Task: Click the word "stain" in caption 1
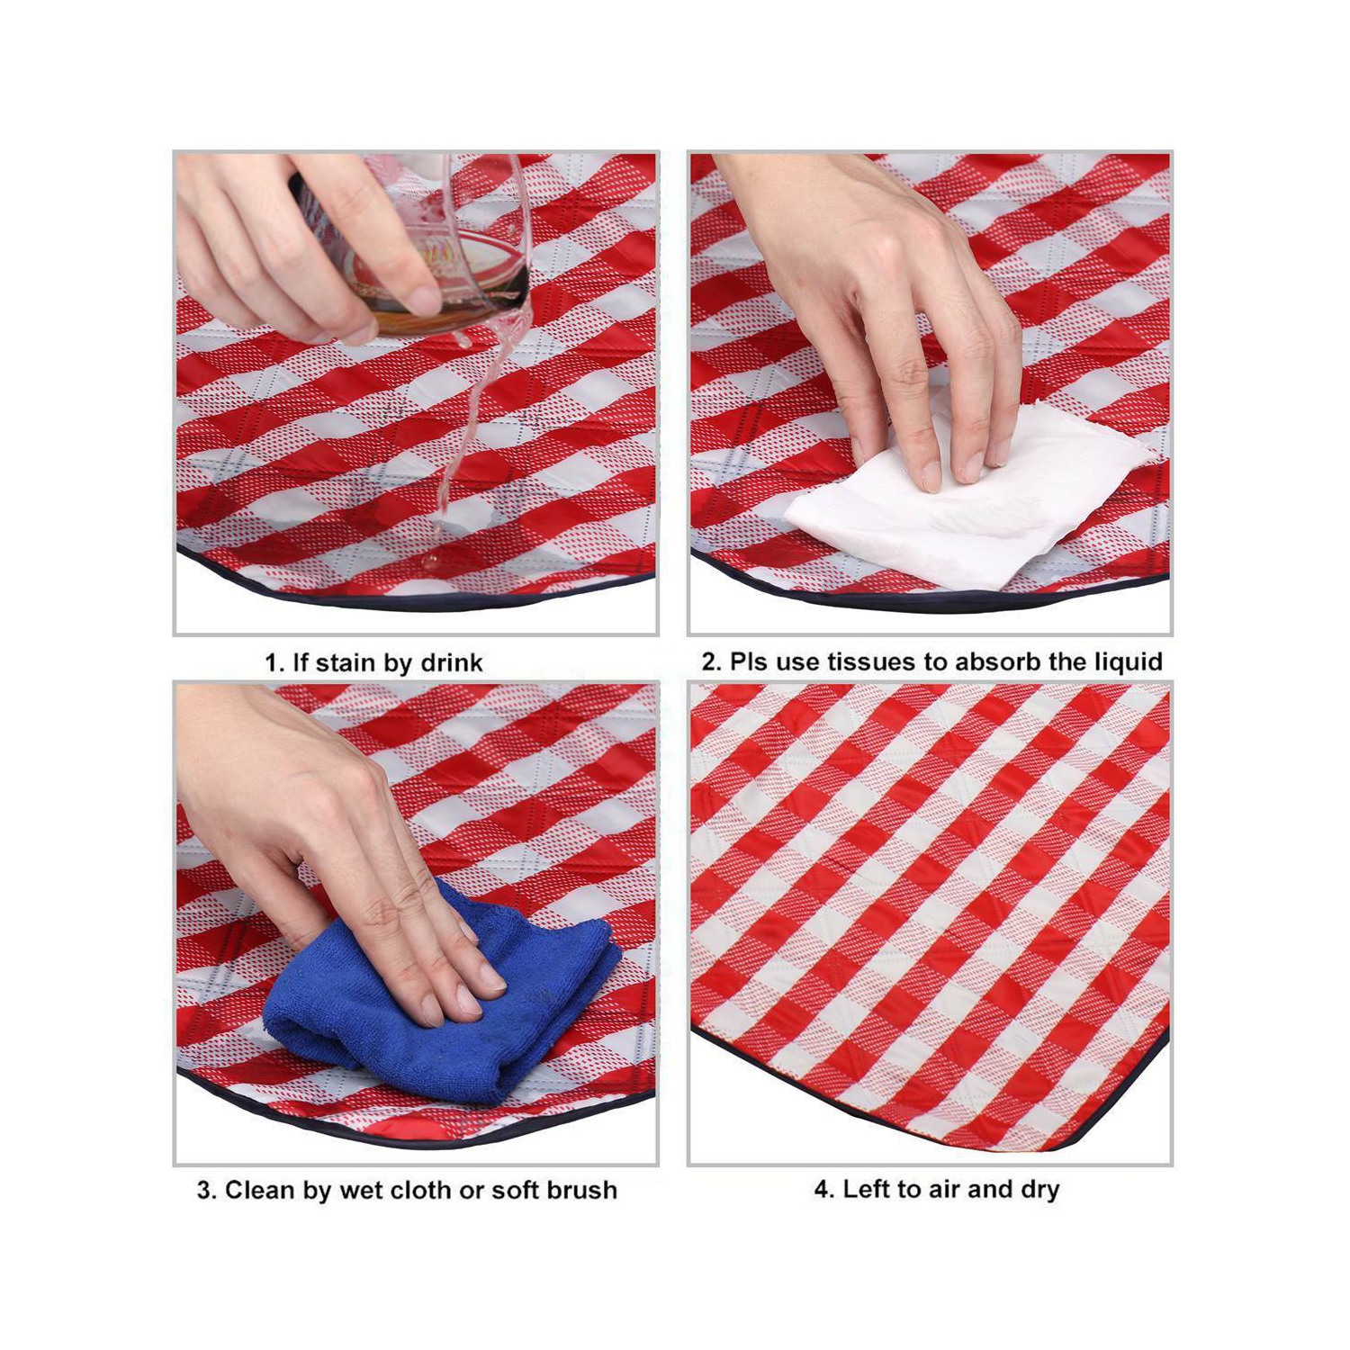(348, 663)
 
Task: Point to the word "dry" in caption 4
(1039, 1190)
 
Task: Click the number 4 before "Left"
(822, 1189)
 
